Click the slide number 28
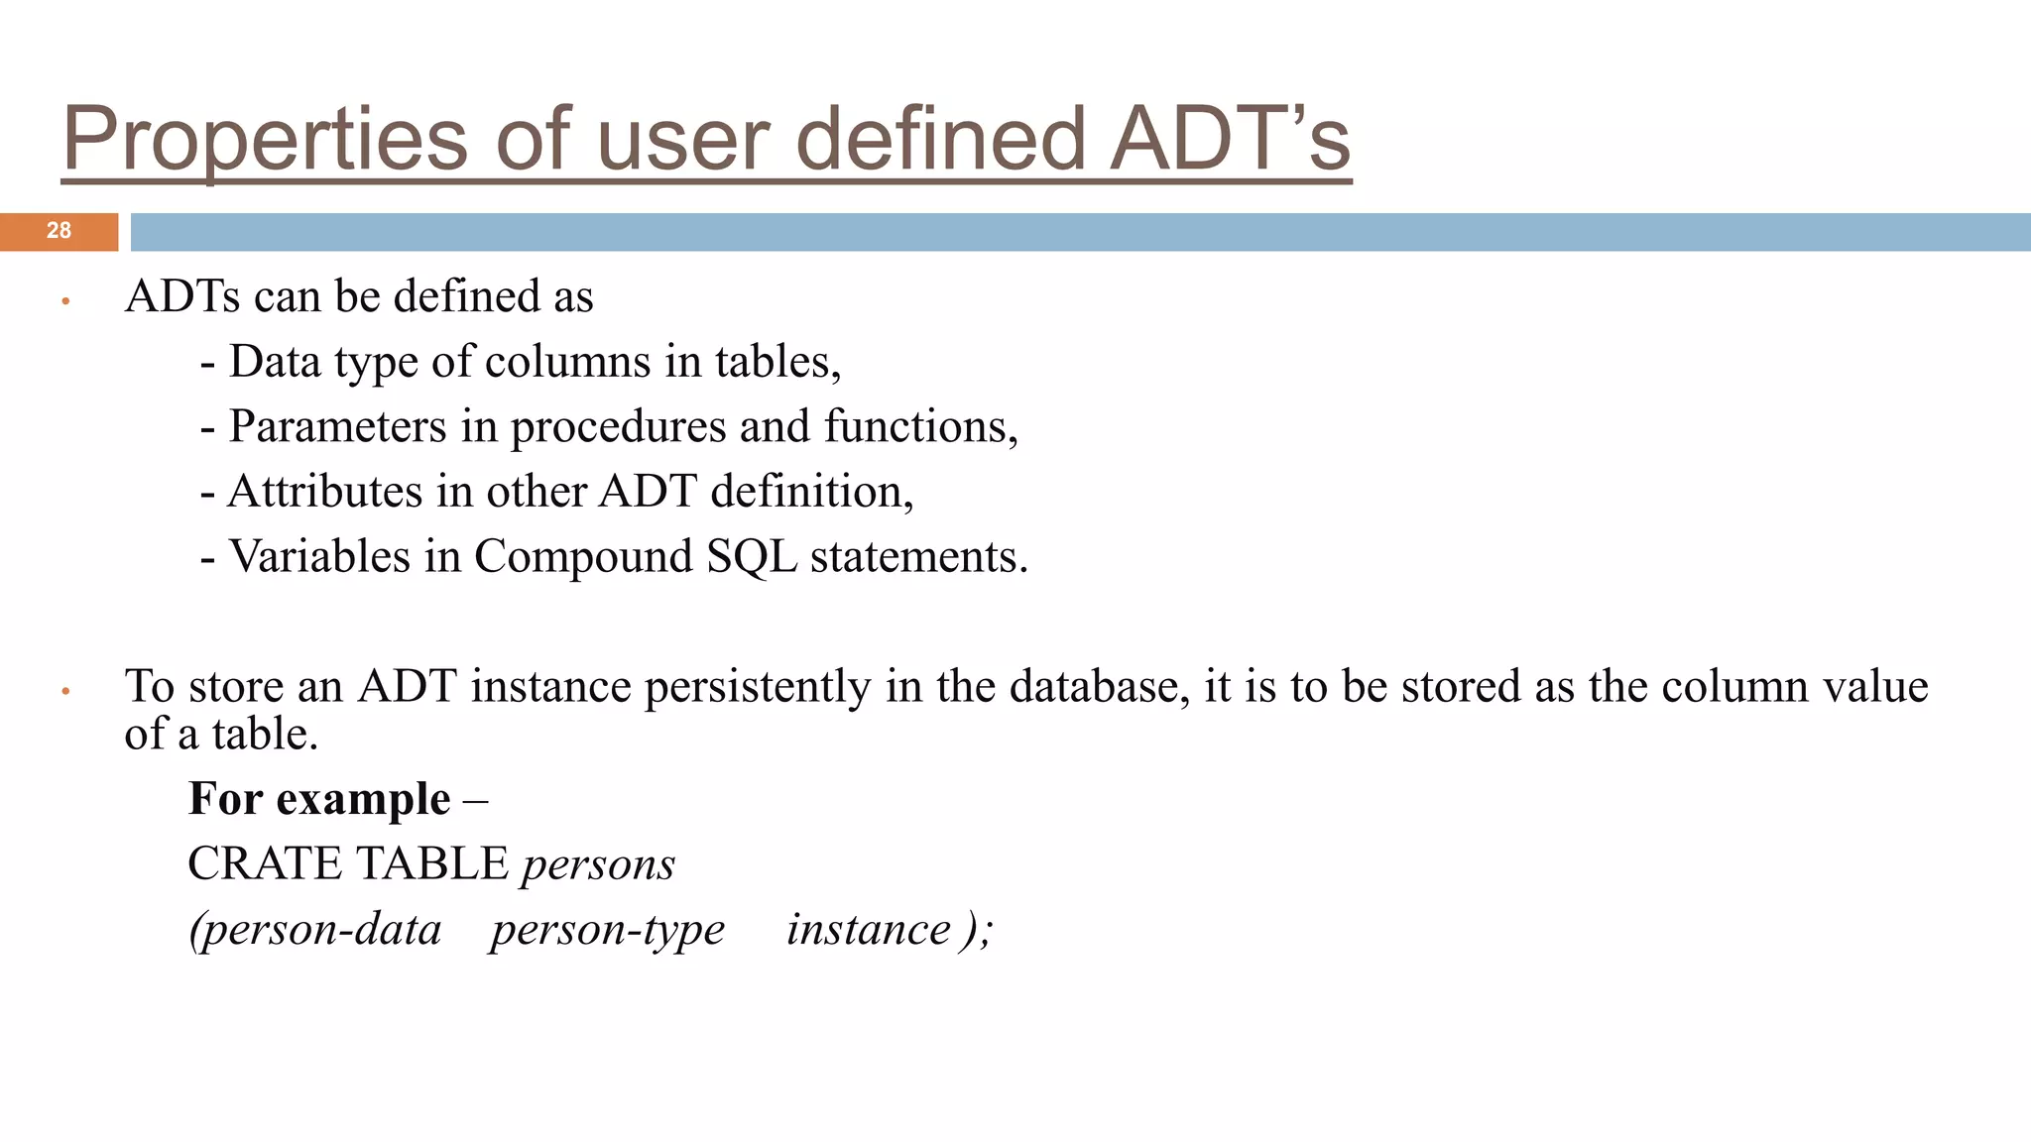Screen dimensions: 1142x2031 (x=59, y=231)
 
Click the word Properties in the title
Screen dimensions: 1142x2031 (x=264, y=140)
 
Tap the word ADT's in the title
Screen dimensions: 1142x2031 (x=1230, y=140)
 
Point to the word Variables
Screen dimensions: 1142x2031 (x=319, y=556)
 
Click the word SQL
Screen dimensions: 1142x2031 (x=752, y=557)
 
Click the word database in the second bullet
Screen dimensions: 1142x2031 (x=1099, y=686)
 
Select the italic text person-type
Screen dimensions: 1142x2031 (x=607, y=930)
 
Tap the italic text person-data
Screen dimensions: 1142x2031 (x=315, y=930)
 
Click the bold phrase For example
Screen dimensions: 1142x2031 (x=319, y=799)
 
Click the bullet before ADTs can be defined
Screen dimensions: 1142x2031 (x=65, y=300)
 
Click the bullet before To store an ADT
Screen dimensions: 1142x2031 (x=65, y=691)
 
